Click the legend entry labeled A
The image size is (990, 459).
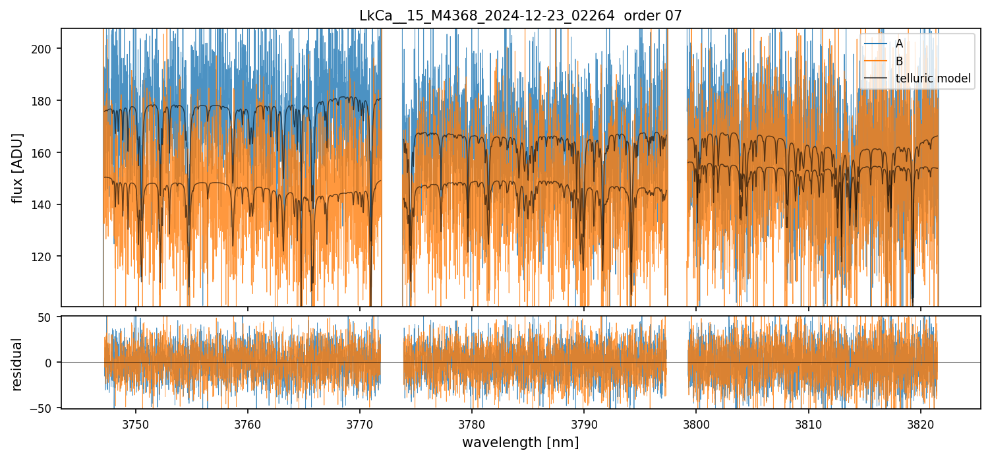pos(899,44)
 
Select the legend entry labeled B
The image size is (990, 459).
pos(899,61)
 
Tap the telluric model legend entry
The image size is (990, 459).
pos(933,79)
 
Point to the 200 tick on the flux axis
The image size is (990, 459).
pos(47,49)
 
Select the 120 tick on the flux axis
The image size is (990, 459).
pos(47,257)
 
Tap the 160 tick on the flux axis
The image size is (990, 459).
pos(47,152)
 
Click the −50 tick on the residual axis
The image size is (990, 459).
pos(45,408)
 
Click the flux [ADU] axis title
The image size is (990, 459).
pos(18,168)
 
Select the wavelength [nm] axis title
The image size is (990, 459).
pos(520,443)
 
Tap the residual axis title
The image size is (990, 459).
pos(18,363)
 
